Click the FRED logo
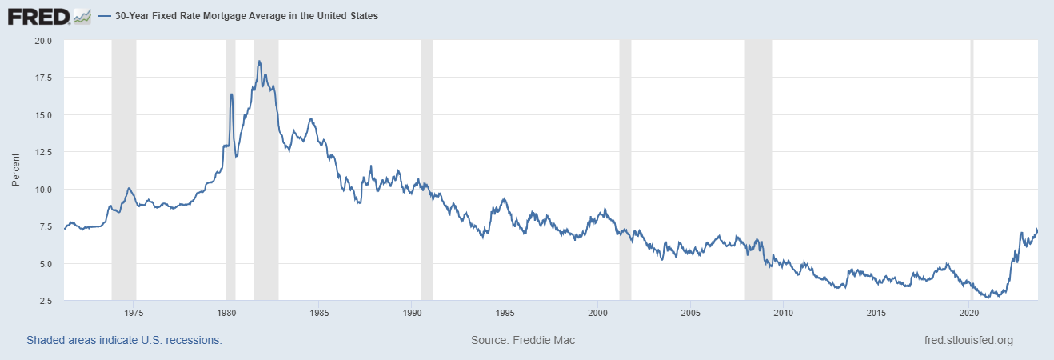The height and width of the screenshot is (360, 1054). pos(49,16)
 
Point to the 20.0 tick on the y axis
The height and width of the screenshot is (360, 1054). pos(42,40)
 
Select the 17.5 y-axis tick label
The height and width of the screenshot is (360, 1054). pos(42,78)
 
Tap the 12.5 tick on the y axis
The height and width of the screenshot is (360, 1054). pos(42,152)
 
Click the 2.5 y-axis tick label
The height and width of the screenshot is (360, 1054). pos(45,301)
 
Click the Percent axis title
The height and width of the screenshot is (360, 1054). pos(16,170)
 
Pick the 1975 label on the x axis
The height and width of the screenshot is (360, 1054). pos(134,312)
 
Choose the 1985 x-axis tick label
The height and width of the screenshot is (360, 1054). pos(318,312)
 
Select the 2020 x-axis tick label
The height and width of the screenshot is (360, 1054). pos(969,312)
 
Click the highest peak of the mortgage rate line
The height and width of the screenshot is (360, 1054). pos(259,61)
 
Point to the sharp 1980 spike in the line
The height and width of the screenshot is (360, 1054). pos(231,94)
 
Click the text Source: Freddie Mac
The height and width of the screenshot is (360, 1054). pos(523,341)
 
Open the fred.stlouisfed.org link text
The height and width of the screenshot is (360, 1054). pos(968,341)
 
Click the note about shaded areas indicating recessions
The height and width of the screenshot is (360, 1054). pos(124,341)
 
